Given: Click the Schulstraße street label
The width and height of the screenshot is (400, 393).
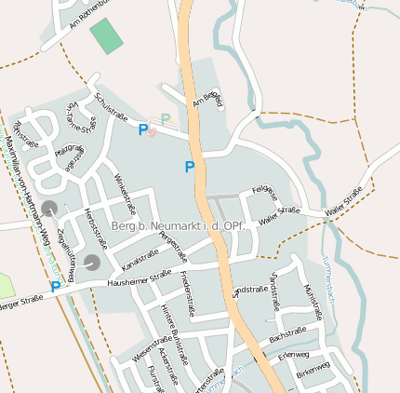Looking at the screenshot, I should point(111,107).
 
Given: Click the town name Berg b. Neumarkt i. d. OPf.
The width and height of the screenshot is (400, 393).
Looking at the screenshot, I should point(176,226).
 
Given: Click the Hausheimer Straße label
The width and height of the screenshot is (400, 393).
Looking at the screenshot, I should point(140,278).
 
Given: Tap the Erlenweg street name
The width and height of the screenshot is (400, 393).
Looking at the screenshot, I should point(293,355).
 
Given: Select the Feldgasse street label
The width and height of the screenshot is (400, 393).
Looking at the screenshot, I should point(265,193).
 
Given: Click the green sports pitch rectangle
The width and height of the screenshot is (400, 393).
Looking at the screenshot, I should point(106,35).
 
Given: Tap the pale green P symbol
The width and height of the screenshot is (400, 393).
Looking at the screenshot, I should point(166,119).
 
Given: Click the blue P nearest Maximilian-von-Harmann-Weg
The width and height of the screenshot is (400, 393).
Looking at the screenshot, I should point(55,288).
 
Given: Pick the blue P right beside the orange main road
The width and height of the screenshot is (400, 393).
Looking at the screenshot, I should point(190,167).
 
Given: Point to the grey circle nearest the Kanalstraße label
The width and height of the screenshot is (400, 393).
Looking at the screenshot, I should point(92,263).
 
